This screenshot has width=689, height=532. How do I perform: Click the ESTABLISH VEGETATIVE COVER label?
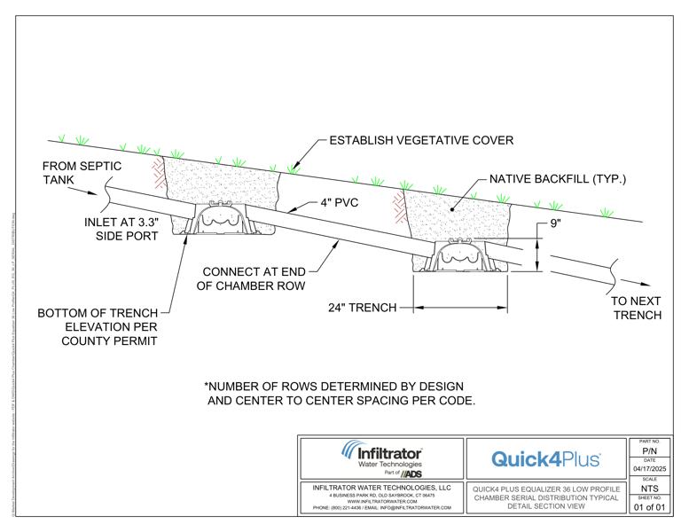[x=421, y=140]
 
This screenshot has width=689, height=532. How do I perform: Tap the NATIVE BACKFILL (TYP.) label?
[x=558, y=179]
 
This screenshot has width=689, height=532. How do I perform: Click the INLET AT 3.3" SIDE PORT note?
[x=121, y=230]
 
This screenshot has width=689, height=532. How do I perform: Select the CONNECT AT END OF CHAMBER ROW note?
[x=254, y=278]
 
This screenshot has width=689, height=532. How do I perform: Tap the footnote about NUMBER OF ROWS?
[x=341, y=394]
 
